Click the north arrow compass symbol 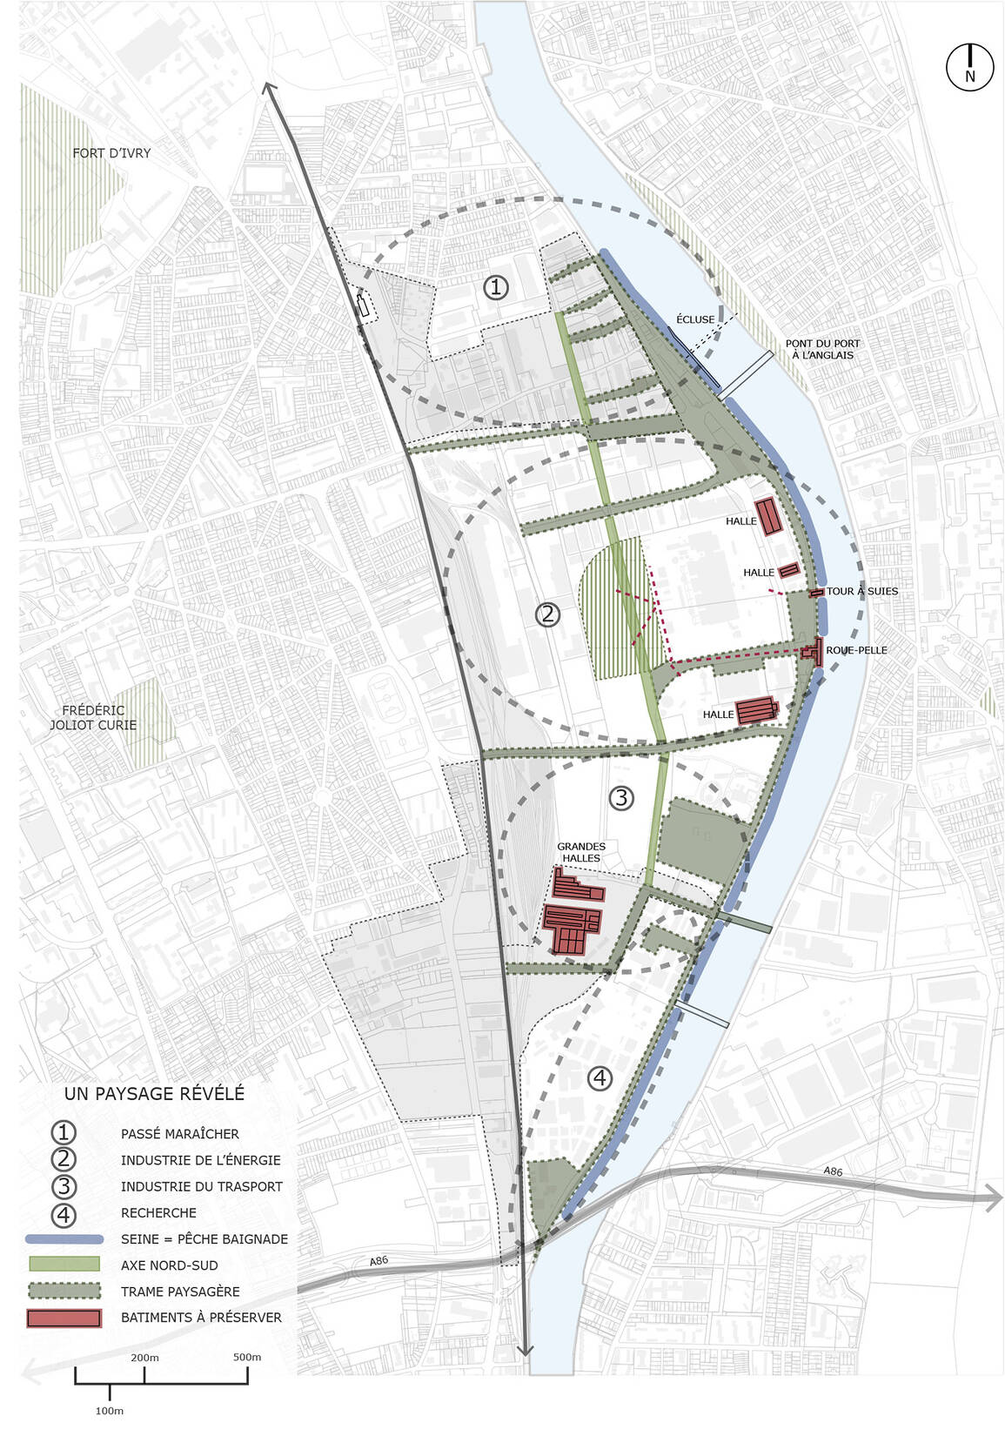(x=969, y=66)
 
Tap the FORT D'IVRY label (x=111, y=153)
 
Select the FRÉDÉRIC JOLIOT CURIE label (x=93, y=717)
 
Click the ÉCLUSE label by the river (x=695, y=319)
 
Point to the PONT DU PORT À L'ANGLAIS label (x=822, y=349)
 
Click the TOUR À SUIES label (x=861, y=591)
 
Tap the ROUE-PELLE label (x=856, y=650)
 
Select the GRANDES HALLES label (x=581, y=852)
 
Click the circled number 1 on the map (x=496, y=287)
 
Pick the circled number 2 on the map (x=547, y=614)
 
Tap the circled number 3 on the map (x=621, y=797)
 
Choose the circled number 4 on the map (x=600, y=1079)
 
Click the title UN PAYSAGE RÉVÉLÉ (x=154, y=1094)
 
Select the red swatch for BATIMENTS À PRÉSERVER (x=64, y=1318)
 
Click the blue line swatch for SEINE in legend (x=64, y=1238)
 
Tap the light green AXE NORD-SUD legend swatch (x=64, y=1265)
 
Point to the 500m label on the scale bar (x=247, y=1357)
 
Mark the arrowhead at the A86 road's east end (x=993, y=1198)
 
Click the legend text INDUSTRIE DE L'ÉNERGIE (x=201, y=1160)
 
